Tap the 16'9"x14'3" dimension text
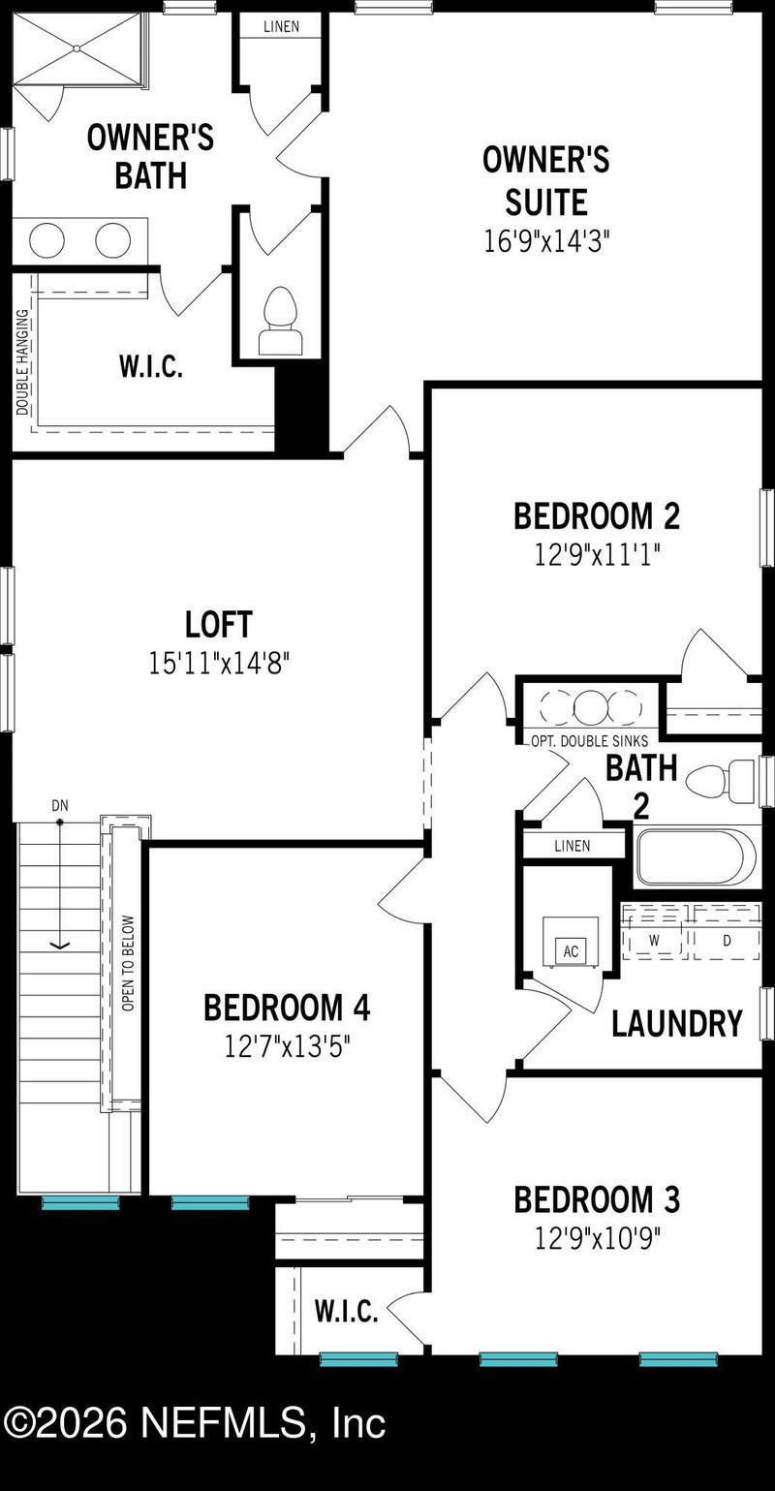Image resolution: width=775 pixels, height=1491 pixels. [546, 240]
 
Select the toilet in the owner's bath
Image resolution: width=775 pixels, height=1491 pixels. [279, 321]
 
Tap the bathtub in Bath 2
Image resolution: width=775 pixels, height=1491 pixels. [696, 857]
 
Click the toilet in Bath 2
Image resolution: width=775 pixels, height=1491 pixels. [722, 780]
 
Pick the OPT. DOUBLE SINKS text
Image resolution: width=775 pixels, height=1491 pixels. [589, 741]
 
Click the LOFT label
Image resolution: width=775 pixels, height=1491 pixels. [219, 624]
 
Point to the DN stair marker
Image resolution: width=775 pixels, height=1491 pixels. [60, 806]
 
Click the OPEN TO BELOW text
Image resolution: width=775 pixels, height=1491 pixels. [128, 963]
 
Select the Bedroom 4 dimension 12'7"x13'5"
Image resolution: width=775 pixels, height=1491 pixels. [287, 1045]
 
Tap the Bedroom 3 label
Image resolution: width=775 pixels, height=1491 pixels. [597, 1199]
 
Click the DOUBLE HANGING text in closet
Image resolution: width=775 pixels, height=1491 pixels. [22, 360]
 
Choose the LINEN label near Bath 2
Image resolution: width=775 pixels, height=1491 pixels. [572, 846]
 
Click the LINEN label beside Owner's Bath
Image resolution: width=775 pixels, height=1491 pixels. [282, 26]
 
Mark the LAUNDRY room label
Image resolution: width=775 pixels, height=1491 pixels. [676, 1023]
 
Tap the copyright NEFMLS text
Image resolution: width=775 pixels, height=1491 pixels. [194, 1423]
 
